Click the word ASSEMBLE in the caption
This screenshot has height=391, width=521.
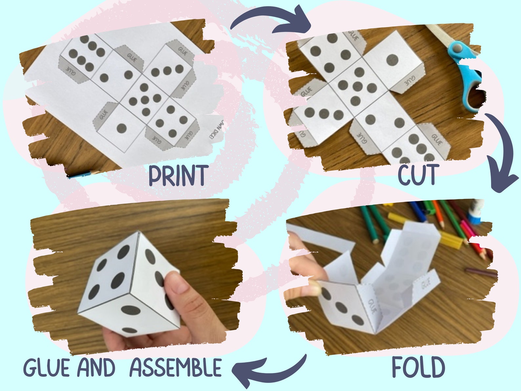point(176,367)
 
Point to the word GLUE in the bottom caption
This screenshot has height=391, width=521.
point(46,367)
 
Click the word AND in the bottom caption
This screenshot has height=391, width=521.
point(96,367)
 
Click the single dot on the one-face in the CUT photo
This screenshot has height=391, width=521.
point(392,60)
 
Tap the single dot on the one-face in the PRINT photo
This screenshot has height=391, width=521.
point(122,128)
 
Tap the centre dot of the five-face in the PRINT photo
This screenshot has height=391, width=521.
point(145,99)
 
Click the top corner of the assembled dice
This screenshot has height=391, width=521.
point(139,232)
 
